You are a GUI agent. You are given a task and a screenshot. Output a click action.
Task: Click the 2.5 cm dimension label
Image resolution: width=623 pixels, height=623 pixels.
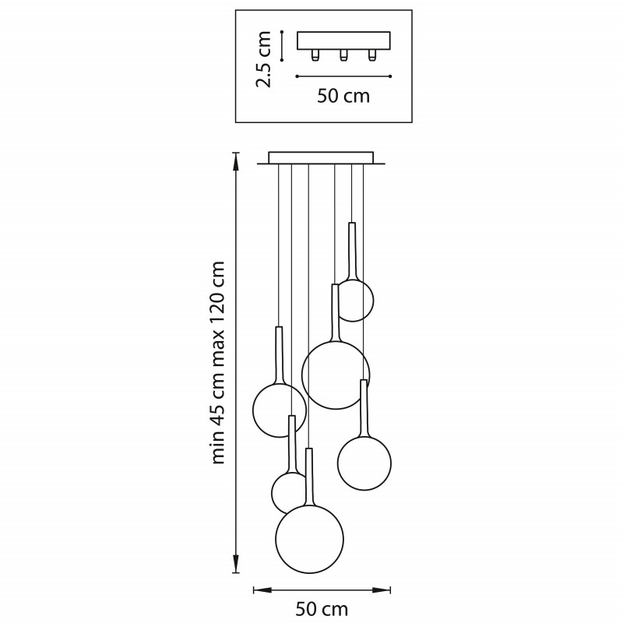[x=264, y=59]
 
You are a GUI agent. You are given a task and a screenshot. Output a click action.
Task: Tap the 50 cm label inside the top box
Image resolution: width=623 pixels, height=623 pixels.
[x=343, y=96]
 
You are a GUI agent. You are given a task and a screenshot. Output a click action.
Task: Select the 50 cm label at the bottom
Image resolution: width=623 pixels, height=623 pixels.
[x=322, y=609]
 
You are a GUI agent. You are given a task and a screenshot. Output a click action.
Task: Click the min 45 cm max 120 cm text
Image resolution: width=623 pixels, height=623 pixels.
[x=218, y=362]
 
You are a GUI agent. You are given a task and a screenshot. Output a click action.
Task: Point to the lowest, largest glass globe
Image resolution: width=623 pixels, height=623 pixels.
[x=309, y=539]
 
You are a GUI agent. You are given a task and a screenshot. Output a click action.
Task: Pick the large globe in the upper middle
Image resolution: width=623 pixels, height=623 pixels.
[x=336, y=375]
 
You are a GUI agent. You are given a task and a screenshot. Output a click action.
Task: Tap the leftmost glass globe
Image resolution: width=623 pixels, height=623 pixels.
[x=280, y=410]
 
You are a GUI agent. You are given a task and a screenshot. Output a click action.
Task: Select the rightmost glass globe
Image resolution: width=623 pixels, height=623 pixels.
[x=364, y=463]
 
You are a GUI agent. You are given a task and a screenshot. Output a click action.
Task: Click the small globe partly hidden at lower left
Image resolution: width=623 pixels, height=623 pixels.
[x=287, y=493]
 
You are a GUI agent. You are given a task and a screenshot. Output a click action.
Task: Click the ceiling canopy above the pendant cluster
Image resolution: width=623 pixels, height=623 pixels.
[x=321, y=158]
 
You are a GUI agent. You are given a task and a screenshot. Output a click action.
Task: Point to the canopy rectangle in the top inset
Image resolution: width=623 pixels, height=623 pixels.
[x=343, y=41]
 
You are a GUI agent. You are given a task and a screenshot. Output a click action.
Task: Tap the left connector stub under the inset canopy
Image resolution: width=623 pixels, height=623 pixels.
[x=315, y=55]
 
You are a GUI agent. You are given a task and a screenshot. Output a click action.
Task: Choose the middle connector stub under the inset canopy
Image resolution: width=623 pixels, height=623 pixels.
[x=343, y=55]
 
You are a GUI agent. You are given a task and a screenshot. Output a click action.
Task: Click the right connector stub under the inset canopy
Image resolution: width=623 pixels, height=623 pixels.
[x=372, y=55]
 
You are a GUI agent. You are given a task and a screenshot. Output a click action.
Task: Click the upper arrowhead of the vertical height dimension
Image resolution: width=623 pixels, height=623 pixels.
[x=236, y=161]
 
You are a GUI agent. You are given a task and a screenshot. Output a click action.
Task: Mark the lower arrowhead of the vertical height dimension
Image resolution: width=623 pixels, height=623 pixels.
[x=236, y=564]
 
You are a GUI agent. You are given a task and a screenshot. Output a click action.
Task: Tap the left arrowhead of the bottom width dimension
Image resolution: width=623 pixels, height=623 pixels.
[x=262, y=590]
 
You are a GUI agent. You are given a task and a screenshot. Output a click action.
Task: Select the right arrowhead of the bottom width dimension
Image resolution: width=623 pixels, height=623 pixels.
[x=382, y=590]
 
